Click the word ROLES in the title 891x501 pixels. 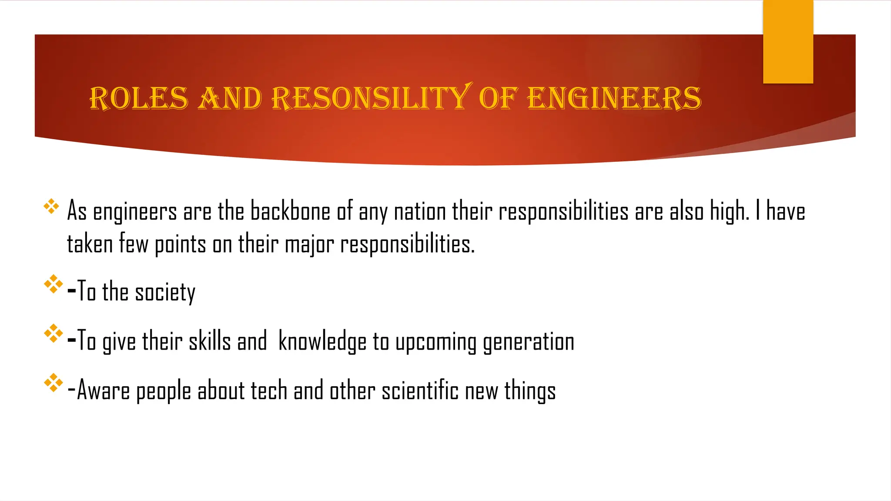pos(139,98)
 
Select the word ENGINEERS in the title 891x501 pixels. pos(614,98)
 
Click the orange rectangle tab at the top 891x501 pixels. pos(788,42)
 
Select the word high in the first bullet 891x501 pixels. pos(729,212)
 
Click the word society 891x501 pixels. pos(165,292)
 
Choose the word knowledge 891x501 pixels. pos(322,342)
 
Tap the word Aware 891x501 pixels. pos(103,391)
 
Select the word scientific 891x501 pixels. pos(420,390)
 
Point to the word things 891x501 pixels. pos(530,391)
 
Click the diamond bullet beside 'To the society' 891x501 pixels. pos(53,284)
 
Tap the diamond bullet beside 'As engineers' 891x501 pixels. pos(51,206)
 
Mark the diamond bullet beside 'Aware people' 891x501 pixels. pos(53,383)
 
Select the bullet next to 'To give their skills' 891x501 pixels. pos(53,334)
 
